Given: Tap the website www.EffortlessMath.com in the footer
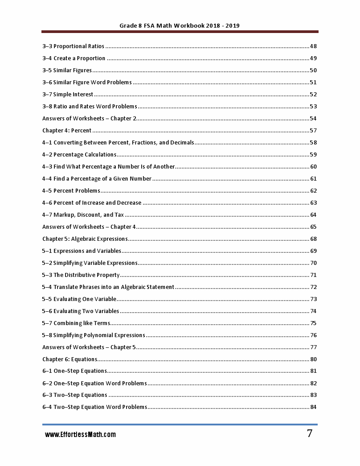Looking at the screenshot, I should pos(80,434).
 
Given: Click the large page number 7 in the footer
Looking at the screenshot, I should pos(309,433).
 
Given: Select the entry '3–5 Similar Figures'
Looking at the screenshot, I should pos(67,70).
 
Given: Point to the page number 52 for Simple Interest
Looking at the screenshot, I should pos(313,95).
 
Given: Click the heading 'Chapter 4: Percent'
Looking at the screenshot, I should pos(67,131).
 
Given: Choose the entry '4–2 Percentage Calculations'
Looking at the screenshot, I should pos(79,155).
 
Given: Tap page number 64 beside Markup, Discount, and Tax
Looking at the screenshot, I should pos(313,215).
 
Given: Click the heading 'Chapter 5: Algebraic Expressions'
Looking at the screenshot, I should pos(85,239).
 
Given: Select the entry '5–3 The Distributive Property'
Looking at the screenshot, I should pos(81,275).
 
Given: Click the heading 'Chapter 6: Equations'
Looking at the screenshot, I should pos(70,359).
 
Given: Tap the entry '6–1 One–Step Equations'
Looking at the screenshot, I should pos(74,371).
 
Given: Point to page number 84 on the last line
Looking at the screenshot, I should pos(313,407).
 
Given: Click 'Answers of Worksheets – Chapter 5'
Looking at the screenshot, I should pos(89,347).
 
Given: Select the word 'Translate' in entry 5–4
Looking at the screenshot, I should pos(65,287).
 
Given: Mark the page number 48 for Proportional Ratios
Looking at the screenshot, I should pos(313,46).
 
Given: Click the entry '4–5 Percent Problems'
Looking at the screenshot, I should pos(71,191).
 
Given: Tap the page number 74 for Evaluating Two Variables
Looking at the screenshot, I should pos(313,311).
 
